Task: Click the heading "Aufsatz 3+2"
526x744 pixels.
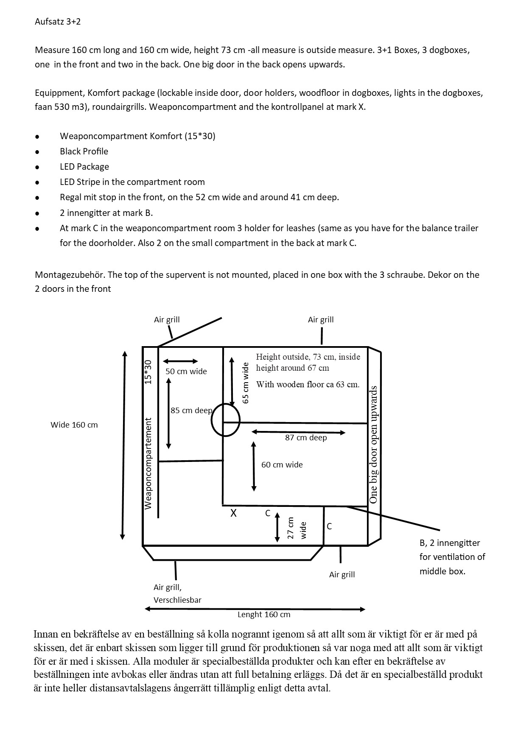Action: click(58, 22)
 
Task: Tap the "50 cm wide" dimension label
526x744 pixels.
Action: click(186, 371)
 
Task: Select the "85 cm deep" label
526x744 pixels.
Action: click(191, 410)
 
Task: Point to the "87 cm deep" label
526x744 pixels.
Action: click(306, 437)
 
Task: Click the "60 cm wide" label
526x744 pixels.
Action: click(282, 464)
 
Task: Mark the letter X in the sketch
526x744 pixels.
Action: click(233, 513)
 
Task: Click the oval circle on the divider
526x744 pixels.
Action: click(226, 420)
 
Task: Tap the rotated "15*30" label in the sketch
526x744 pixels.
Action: click(148, 372)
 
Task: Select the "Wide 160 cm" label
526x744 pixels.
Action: click(74, 425)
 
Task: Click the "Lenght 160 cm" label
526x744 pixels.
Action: click(263, 614)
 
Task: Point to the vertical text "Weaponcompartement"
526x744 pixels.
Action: click(148, 463)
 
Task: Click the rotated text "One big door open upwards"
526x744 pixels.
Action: click(373, 444)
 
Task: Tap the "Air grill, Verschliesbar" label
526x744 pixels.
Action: click(177, 593)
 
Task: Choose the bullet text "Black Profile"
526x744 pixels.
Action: click(84, 151)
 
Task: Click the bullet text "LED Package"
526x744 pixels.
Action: click(84, 167)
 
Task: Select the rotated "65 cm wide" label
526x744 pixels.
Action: click(245, 382)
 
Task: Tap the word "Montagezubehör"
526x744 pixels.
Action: click(70, 274)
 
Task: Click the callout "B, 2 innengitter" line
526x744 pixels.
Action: click(450, 543)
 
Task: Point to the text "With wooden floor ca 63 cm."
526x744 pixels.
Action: click(308, 385)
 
